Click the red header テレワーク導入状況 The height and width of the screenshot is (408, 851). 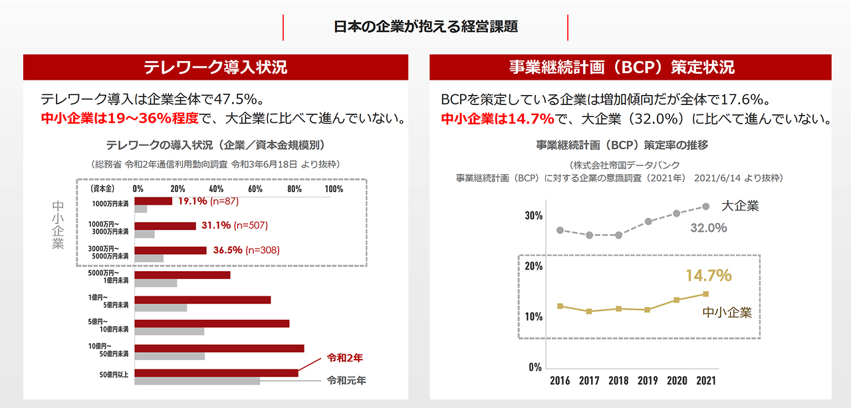pos(215,67)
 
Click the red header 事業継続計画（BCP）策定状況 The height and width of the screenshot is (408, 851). pos(630,67)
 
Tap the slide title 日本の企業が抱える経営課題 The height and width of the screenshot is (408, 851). pos(425,27)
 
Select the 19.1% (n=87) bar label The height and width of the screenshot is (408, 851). pos(215,201)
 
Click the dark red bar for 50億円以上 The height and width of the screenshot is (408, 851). pos(216,373)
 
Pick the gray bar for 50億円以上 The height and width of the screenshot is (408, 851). pos(197,381)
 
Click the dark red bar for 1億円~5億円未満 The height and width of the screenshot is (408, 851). pos(202,300)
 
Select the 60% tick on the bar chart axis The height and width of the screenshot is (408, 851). pos(254,189)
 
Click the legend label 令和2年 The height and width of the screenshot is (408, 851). pos(345,357)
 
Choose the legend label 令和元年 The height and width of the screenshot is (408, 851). pos(346,381)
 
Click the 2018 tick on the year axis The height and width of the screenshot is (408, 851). pos(618,381)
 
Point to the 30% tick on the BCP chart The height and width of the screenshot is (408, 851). pos(534,215)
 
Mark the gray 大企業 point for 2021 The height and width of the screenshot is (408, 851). pos(705,206)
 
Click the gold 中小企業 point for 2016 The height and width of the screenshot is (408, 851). pos(560,306)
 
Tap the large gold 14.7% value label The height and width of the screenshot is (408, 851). pos(708,275)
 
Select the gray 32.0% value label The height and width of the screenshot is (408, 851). pos(708,227)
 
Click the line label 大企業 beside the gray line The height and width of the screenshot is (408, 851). pos(739,206)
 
